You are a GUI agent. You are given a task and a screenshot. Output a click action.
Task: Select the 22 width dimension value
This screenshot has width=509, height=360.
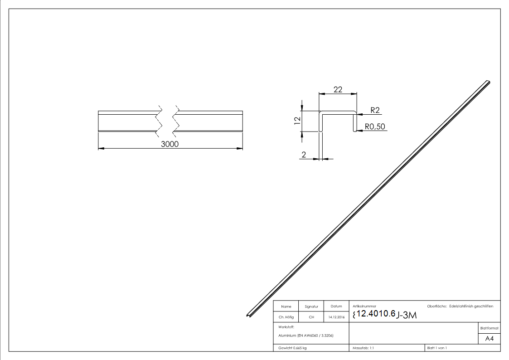(338, 89)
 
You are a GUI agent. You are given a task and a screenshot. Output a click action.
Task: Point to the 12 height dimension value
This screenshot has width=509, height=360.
(297, 121)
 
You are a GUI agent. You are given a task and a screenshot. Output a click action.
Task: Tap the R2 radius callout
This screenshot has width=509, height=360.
(375, 110)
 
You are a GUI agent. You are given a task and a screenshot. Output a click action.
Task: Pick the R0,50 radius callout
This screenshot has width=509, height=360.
(375, 126)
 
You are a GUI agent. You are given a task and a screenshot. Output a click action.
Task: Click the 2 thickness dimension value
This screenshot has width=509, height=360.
(303, 155)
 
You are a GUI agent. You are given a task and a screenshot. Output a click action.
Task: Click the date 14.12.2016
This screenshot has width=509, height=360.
(336, 317)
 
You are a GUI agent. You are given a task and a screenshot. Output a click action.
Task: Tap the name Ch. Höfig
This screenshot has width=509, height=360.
(286, 317)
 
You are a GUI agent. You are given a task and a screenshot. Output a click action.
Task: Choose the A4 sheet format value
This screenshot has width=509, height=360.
(490, 339)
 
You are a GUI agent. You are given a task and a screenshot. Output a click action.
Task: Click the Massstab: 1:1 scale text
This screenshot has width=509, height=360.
(363, 348)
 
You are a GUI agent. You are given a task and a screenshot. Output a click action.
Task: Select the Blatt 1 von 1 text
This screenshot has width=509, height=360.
(437, 348)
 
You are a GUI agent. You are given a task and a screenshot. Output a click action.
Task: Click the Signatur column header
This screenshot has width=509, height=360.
(311, 306)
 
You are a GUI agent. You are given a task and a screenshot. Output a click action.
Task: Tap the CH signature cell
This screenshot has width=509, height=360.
(311, 317)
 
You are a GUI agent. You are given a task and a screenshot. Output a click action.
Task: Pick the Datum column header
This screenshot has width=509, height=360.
(336, 306)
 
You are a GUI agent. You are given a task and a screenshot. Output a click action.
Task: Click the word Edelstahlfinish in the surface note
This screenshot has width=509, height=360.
(461, 306)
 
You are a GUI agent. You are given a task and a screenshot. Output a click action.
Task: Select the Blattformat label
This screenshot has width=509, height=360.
(490, 328)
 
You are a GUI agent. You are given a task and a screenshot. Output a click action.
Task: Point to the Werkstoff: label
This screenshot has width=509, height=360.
(286, 326)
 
